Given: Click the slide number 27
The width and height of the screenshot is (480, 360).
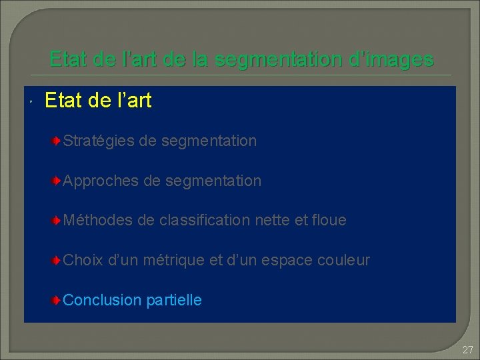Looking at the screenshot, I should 467,350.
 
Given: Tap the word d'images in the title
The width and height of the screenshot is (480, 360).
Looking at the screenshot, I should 395,59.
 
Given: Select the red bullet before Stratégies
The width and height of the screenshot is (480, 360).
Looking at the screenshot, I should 58,141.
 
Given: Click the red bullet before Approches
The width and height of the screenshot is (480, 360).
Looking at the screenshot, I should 58,181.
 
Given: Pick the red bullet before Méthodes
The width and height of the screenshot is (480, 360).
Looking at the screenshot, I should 58,220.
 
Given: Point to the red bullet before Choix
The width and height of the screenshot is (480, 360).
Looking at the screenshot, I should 58,260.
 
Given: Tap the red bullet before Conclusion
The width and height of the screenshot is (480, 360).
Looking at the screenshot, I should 58,300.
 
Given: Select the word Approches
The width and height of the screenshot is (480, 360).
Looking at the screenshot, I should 100,181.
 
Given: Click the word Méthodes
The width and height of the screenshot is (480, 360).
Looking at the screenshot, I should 98,220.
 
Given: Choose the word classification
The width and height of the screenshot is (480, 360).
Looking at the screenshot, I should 205,220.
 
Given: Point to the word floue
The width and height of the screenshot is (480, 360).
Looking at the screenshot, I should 329,220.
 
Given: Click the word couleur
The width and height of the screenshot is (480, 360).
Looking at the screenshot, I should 344,260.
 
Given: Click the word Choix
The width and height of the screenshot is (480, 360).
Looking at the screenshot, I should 83,260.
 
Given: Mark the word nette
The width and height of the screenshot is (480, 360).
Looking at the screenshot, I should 272,220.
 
